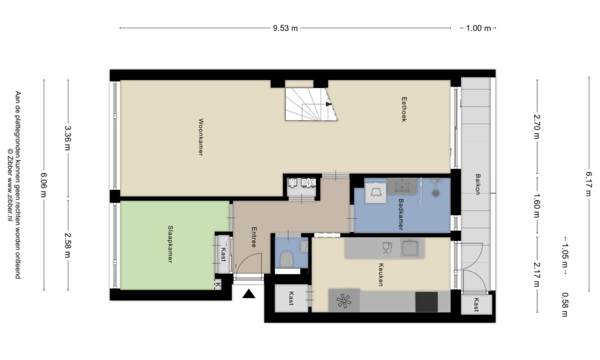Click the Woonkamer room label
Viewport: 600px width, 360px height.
[x=200, y=137]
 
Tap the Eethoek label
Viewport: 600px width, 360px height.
[x=404, y=109]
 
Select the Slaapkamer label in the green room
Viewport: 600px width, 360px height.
[x=170, y=244]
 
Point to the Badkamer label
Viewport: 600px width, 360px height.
[x=400, y=214]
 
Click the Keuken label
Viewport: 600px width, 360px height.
[x=381, y=274]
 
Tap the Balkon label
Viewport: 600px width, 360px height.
[x=477, y=184]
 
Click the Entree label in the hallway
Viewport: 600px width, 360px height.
[x=254, y=237]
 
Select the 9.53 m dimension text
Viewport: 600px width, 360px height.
[x=285, y=28]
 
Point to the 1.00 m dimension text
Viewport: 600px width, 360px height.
[x=478, y=28]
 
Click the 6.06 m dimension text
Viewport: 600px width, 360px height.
[x=43, y=185]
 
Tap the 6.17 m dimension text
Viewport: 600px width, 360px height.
[x=588, y=184]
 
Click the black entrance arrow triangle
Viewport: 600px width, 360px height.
[x=249, y=293]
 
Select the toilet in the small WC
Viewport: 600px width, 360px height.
[x=286, y=259]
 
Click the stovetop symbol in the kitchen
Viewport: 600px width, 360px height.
[x=344, y=301]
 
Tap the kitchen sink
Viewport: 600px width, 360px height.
[x=409, y=248]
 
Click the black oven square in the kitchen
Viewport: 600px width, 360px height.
[x=426, y=302]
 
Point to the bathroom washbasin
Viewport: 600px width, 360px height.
[x=402, y=186]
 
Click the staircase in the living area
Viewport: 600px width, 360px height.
[x=311, y=104]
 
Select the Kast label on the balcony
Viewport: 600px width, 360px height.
[x=476, y=304]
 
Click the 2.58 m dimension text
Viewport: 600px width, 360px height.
[x=67, y=245]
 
